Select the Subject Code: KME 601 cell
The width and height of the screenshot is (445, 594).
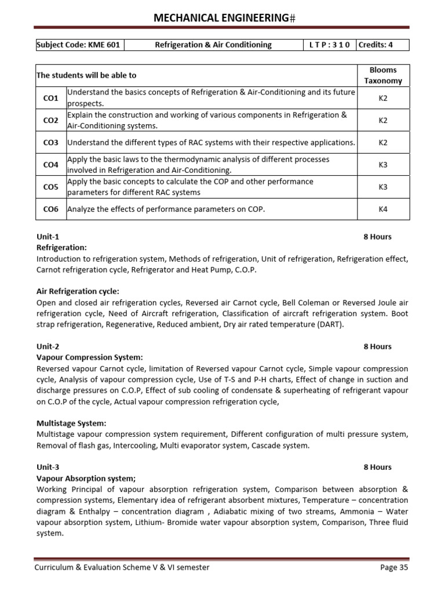(x=79, y=45)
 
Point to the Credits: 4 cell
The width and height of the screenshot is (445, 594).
(x=382, y=45)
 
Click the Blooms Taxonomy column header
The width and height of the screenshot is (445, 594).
(x=383, y=75)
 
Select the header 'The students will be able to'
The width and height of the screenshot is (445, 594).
(x=86, y=75)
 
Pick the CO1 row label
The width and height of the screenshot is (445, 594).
(x=51, y=99)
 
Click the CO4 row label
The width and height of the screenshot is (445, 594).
(x=51, y=165)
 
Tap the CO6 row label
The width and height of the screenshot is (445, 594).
(x=51, y=209)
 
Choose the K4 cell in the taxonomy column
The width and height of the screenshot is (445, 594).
(x=383, y=209)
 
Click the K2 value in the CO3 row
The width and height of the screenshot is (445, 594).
(x=383, y=143)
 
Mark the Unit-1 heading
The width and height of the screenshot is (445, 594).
(x=48, y=237)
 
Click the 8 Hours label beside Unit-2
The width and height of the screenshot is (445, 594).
(x=377, y=346)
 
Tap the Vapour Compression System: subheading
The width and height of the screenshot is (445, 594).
(x=89, y=357)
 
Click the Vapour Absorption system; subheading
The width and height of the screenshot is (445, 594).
(x=86, y=479)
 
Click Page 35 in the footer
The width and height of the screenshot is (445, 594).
(x=394, y=567)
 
